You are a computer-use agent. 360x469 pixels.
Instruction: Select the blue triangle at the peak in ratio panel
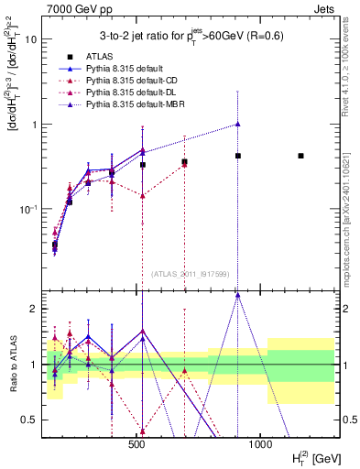click(x=237, y=295)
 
